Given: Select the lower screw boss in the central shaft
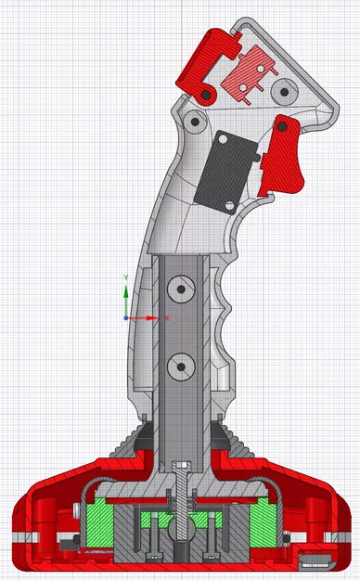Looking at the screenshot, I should (x=178, y=368).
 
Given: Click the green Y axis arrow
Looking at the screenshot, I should (x=126, y=294).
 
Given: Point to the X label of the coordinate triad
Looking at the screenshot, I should (x=167, y=317).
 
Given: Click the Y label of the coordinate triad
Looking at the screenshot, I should (x=126, y=277).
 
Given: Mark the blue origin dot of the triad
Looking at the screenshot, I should (x=126, y=317).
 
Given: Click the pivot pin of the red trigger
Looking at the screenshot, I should (x=277, y=125).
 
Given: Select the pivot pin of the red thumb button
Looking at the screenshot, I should (x=204, y=95).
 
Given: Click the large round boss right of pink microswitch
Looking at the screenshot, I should (x=284, y=90).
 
